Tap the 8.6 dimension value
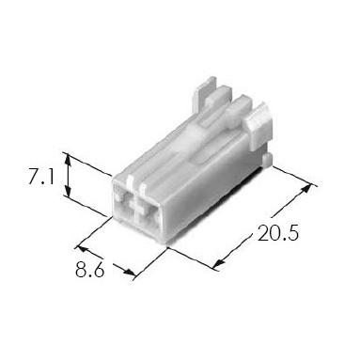[89, 269]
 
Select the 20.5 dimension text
[278, 233]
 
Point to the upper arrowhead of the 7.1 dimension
[68, 159]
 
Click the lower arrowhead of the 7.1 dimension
[68, 191]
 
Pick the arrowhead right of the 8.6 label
[130, 273]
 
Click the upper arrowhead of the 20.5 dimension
[306, 190]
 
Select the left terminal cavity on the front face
[124, 207]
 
